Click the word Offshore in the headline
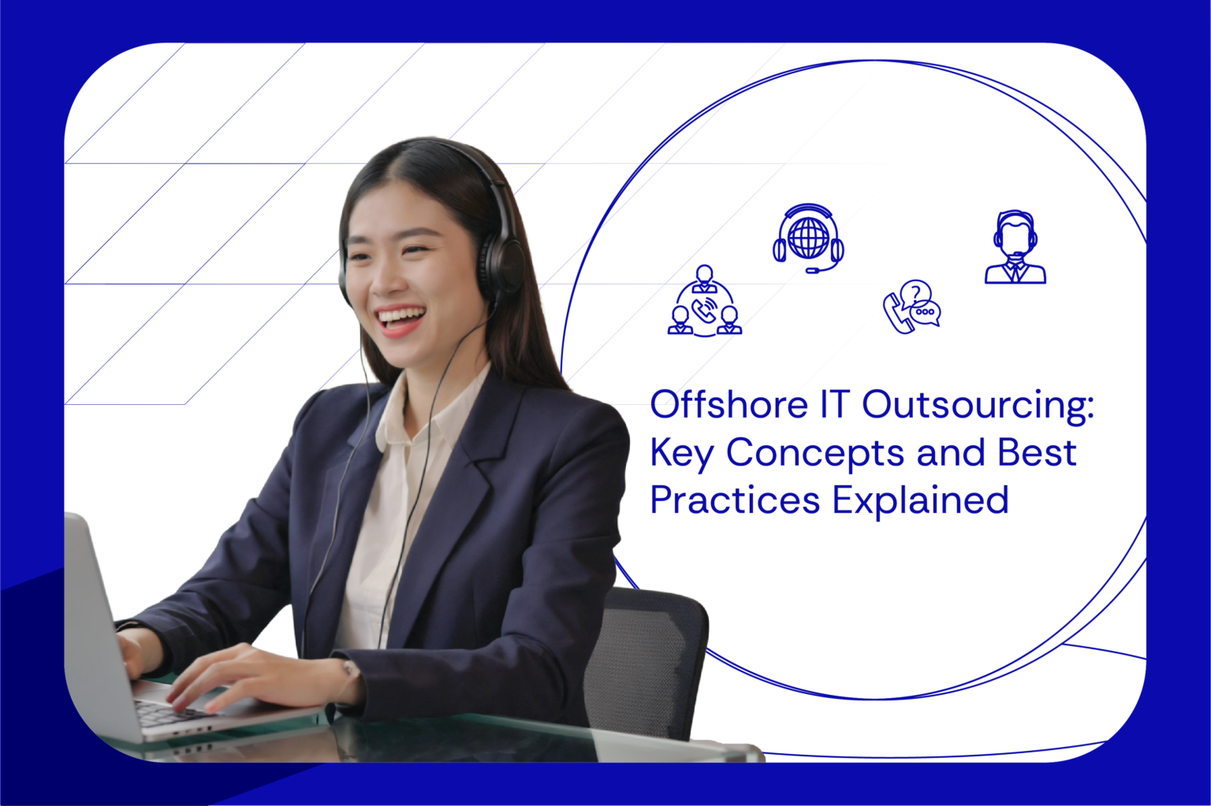click(x=728, y=405)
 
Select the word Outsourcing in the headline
click(x=977, y=407)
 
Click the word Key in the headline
click(x=681, y=455)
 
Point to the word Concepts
click(x=814, y=455)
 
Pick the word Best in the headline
click(x=1036, y=453)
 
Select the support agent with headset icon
click(x=1015, y=247)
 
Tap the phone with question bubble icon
click(x=911, y=307)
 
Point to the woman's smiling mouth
click(x=401, y=318)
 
